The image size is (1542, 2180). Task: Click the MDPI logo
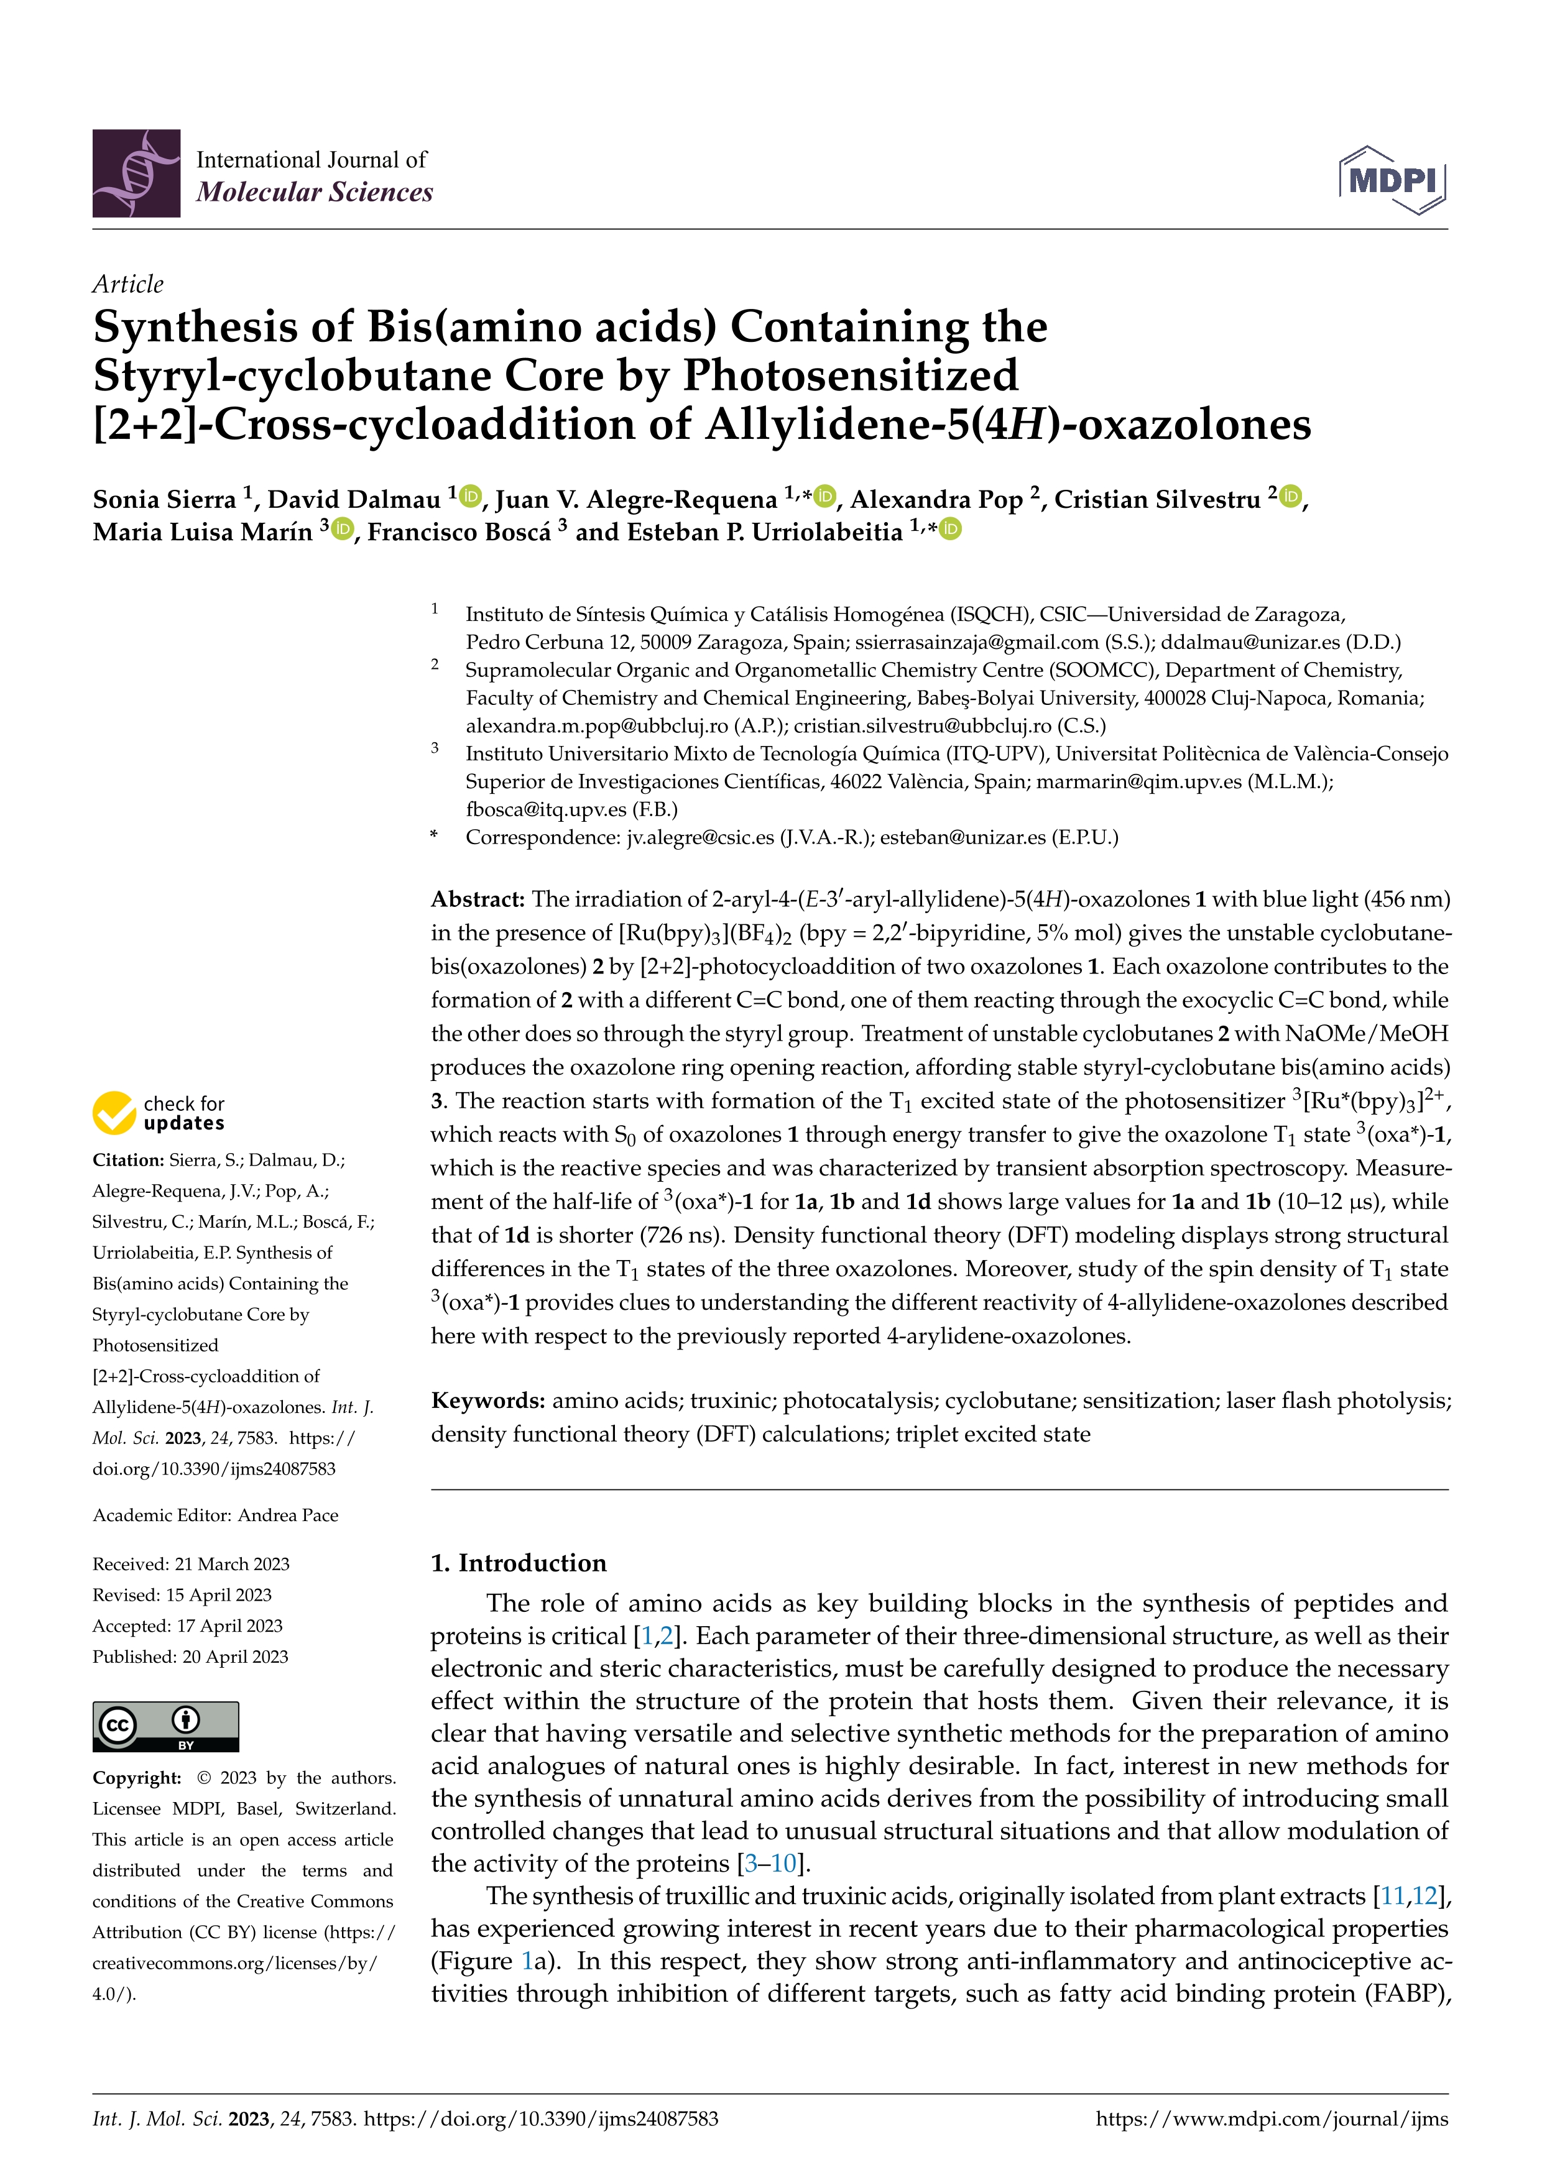[1392, 180]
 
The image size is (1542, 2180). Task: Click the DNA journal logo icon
[136, 174]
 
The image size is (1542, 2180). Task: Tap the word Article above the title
[127, 284]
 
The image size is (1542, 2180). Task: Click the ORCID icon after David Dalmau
[471, 497]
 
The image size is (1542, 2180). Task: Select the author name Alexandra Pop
[935, 499]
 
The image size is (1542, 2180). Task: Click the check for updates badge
[159, 1113]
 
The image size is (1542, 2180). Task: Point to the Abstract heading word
[477, 899]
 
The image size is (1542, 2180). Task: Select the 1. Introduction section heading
[519, 1563]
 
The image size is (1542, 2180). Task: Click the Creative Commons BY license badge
[165, 1726]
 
